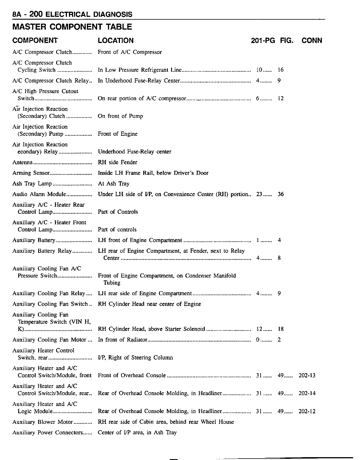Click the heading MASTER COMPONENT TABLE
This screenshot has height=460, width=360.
[72, 27]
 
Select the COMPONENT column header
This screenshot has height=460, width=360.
[35, 40]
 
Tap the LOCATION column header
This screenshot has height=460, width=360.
[116, 40]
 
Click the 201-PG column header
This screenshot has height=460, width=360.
[263, 40]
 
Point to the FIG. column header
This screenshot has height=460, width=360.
[287, 40]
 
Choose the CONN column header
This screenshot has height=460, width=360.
[312, 40]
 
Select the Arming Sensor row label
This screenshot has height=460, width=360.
[31, 173]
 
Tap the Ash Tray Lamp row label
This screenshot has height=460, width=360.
[32, 184]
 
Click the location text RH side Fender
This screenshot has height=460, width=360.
[117, 163]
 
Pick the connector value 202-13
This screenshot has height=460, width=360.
[307, 375]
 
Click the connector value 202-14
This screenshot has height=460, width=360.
[307, 393]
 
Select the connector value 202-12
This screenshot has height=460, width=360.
[307, 411]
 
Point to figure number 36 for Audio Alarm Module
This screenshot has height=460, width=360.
[281, 194]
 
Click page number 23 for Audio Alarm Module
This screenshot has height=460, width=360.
[259, 194]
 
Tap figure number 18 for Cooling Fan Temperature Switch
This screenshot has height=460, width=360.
[281, 329]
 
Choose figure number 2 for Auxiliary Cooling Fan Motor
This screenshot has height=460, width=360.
[279, 340]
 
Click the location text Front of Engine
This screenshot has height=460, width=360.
[117, 134]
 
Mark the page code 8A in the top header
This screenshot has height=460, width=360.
[17, 14]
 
